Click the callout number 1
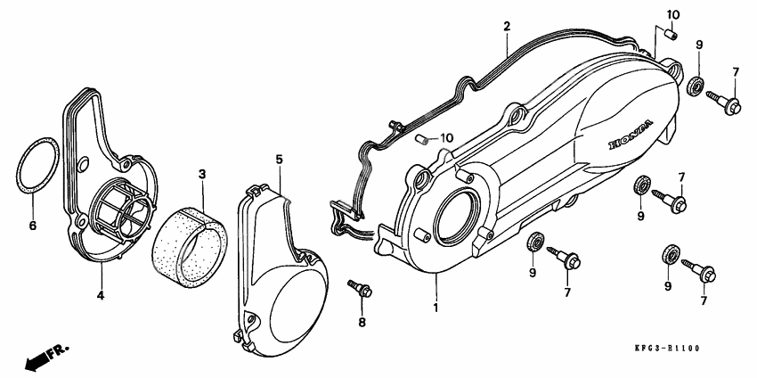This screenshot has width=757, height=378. pyautogui.click(x=436, y=308)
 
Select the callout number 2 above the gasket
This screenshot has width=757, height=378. pyautogui.click(x=506, y=26)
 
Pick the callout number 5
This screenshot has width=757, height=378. pyautogui.click(x=278, y=159)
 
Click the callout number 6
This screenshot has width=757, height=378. pyautogui.click(x=33, y=225)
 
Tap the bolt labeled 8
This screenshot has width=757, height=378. pyautogui.click(x=361, y=289)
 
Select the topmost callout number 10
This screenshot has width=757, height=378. pyautogui.click(x=673, y=14)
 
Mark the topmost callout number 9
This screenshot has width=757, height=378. pyautogui.click(x=699, y=45)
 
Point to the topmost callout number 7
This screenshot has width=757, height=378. pyautogui.click(x=736, y=71)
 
